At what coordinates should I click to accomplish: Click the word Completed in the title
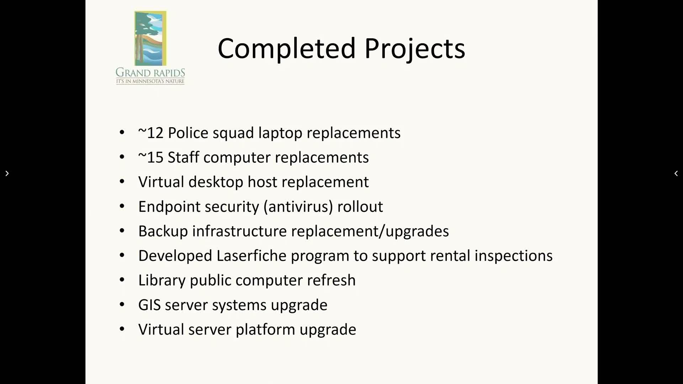pyautogui.click(x=287, y=48)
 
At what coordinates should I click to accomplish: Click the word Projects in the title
pyautogui.click(x=415, y=50)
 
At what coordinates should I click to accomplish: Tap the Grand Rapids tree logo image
pyautogui.click(x=150, y=38)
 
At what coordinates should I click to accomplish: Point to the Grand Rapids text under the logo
pyautogui.click(x=150, y=73)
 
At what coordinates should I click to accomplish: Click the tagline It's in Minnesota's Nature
pyautogui.click(x=150, y=81)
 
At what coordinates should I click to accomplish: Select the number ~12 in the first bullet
pyautogui.click(x=151, y=133)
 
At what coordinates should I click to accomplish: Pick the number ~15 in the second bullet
pyautogui.click(x=151, y=158)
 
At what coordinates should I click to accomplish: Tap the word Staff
pyautogui.click(x=183, y=158)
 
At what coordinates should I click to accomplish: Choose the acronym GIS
pyautogui.click(x=149, y=305)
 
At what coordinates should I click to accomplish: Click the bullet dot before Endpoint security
pyautogui.click(x=122, y=206)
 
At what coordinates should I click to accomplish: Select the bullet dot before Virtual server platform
pyautogui.click(x=122, y=329)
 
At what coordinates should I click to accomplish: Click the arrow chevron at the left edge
pyautogui.click(x=7, y=174)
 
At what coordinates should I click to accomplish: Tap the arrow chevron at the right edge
pyautogui.click(x=676, y=174)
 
